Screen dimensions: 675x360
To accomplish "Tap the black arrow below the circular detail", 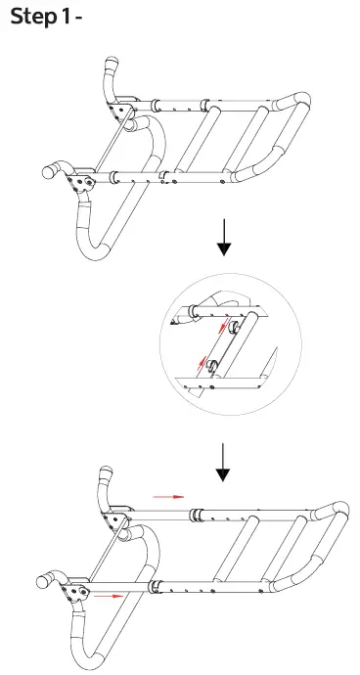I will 224,464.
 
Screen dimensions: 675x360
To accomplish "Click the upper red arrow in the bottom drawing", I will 168,497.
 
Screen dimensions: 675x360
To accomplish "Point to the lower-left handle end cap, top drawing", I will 46,170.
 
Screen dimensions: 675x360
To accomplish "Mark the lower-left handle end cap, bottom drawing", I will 45,579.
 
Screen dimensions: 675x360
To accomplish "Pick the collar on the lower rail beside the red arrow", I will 154,586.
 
